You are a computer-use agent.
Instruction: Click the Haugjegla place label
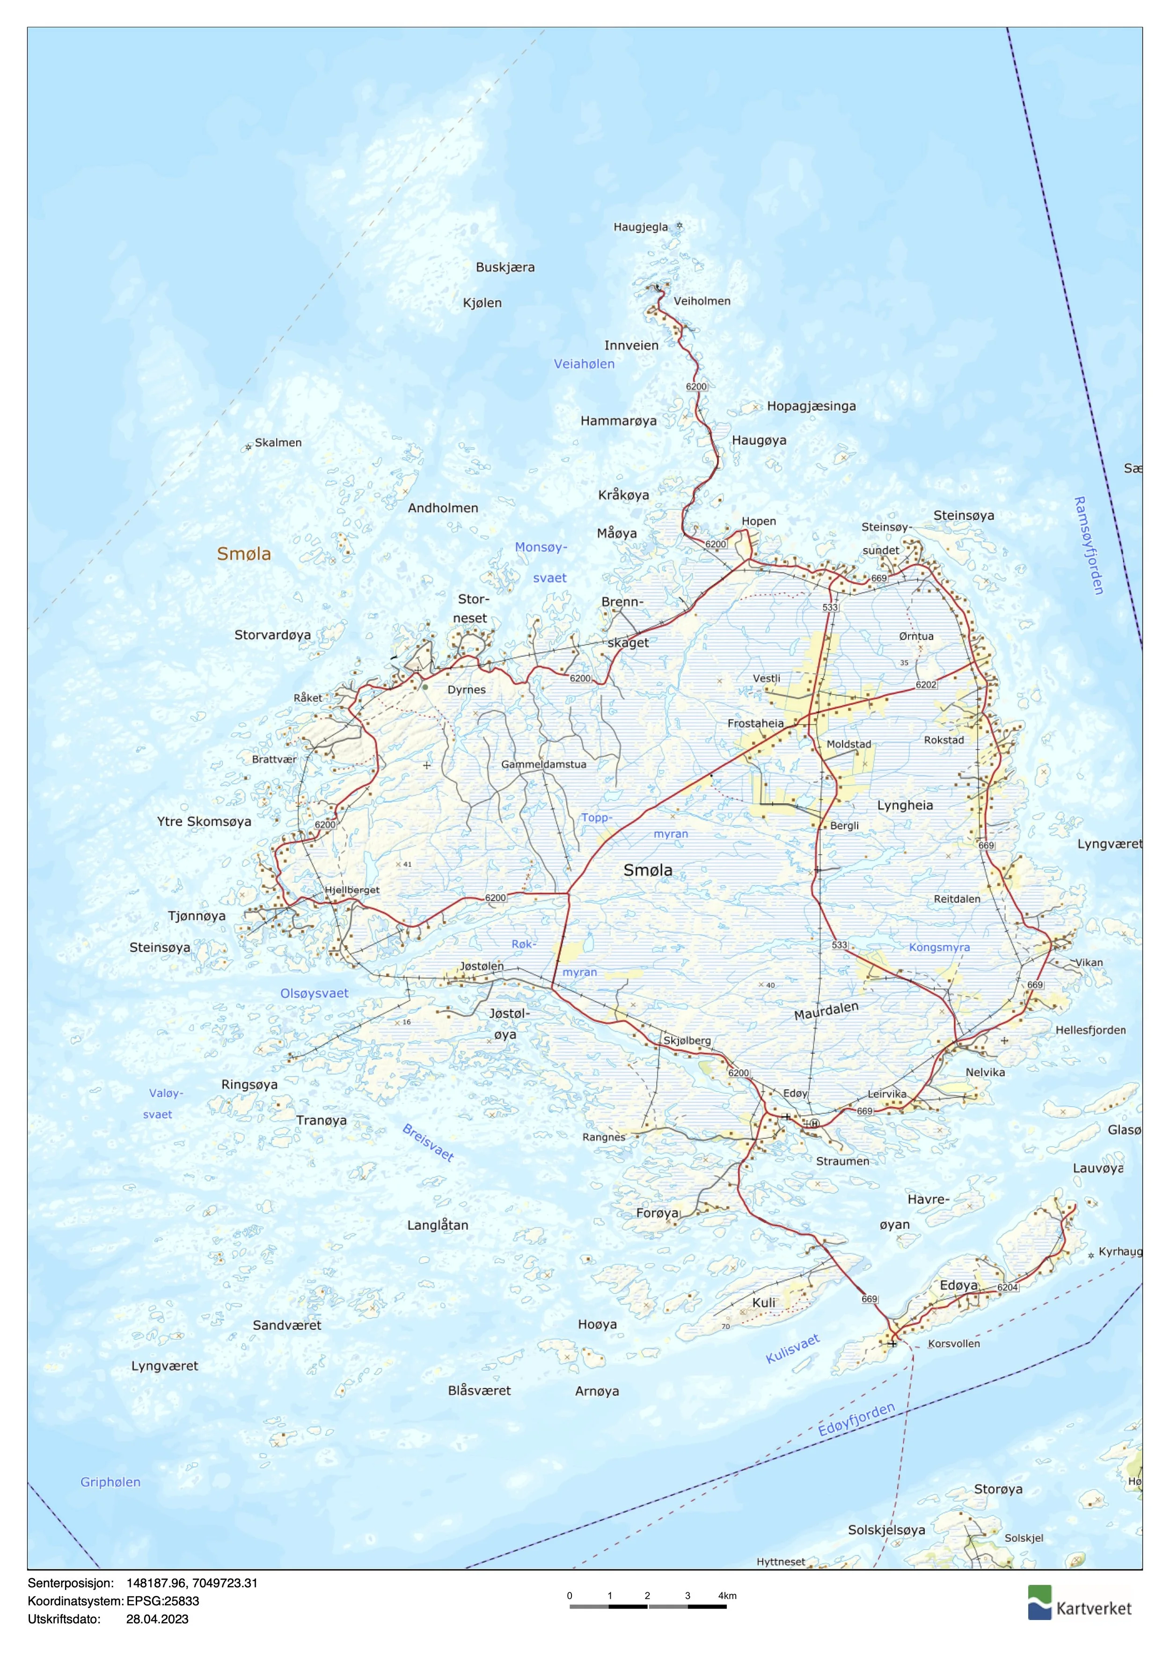640,227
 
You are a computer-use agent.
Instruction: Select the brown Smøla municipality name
244,554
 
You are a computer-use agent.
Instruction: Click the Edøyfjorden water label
856,1419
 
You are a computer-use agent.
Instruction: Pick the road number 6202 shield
926,685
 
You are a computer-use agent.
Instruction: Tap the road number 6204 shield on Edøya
1007,1287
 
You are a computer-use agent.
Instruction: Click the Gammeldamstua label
543,764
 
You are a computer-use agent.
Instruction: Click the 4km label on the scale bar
727,1596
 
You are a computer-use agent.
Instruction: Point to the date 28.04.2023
157,1619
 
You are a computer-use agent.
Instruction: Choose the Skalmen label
278,443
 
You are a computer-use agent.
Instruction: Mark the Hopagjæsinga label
811,406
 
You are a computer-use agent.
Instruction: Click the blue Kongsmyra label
939,948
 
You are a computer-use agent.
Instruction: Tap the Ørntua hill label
915,636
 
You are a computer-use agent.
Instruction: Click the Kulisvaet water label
792,1348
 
